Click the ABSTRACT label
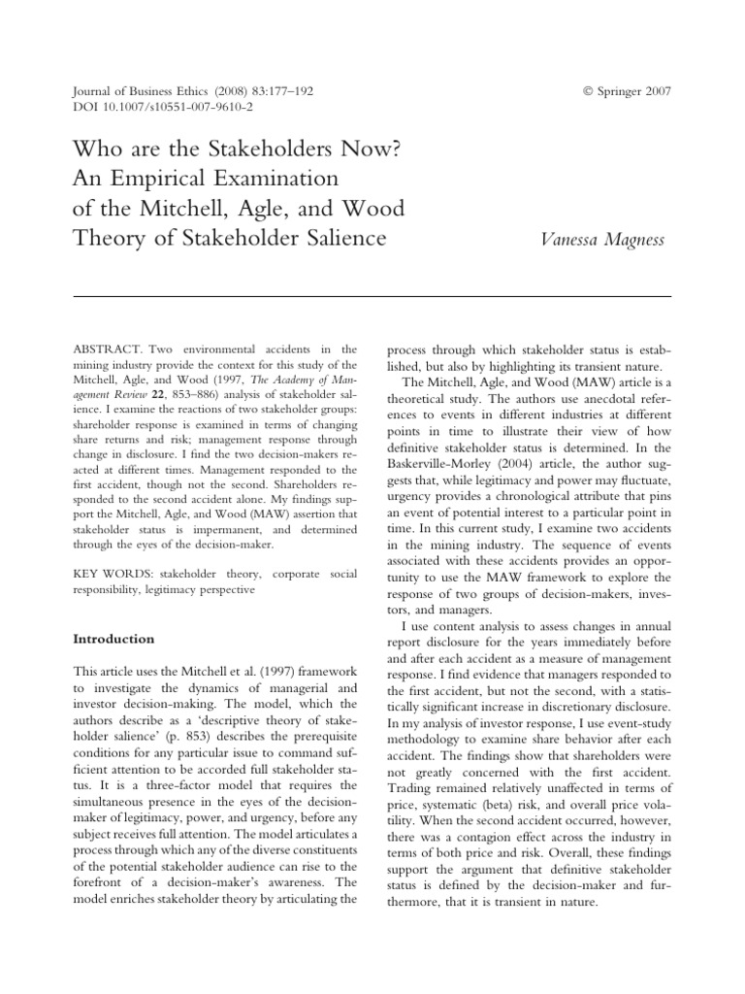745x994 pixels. click(106, 348)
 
